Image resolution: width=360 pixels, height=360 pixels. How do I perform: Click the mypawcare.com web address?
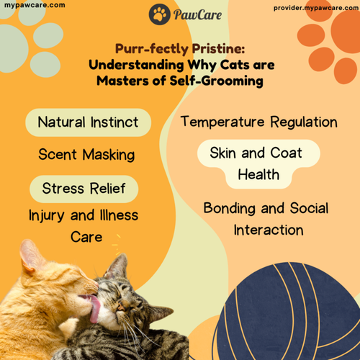[34, 5]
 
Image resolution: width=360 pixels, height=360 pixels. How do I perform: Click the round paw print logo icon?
[160, 14]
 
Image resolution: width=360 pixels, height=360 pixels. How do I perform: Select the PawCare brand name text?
[194, 14]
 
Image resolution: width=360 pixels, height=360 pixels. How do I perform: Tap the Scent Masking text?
[86, 155]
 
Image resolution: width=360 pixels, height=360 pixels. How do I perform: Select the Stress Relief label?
[84, 189]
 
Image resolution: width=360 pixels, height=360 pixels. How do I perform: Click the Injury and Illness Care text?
[84, 225]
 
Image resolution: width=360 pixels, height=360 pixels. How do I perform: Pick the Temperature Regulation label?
[258, 122]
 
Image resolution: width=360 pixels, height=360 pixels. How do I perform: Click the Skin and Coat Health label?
[256, 164]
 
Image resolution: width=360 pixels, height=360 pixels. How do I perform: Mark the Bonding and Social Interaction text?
[266, 220]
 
